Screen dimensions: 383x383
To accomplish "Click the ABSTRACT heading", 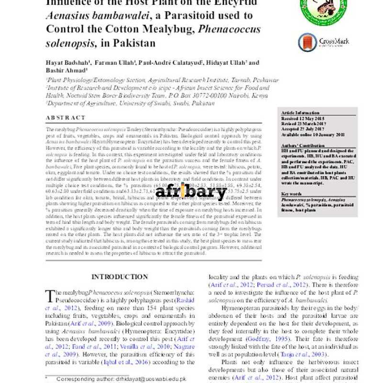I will point(66,118).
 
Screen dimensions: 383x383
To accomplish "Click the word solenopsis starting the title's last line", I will point(70,43).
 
